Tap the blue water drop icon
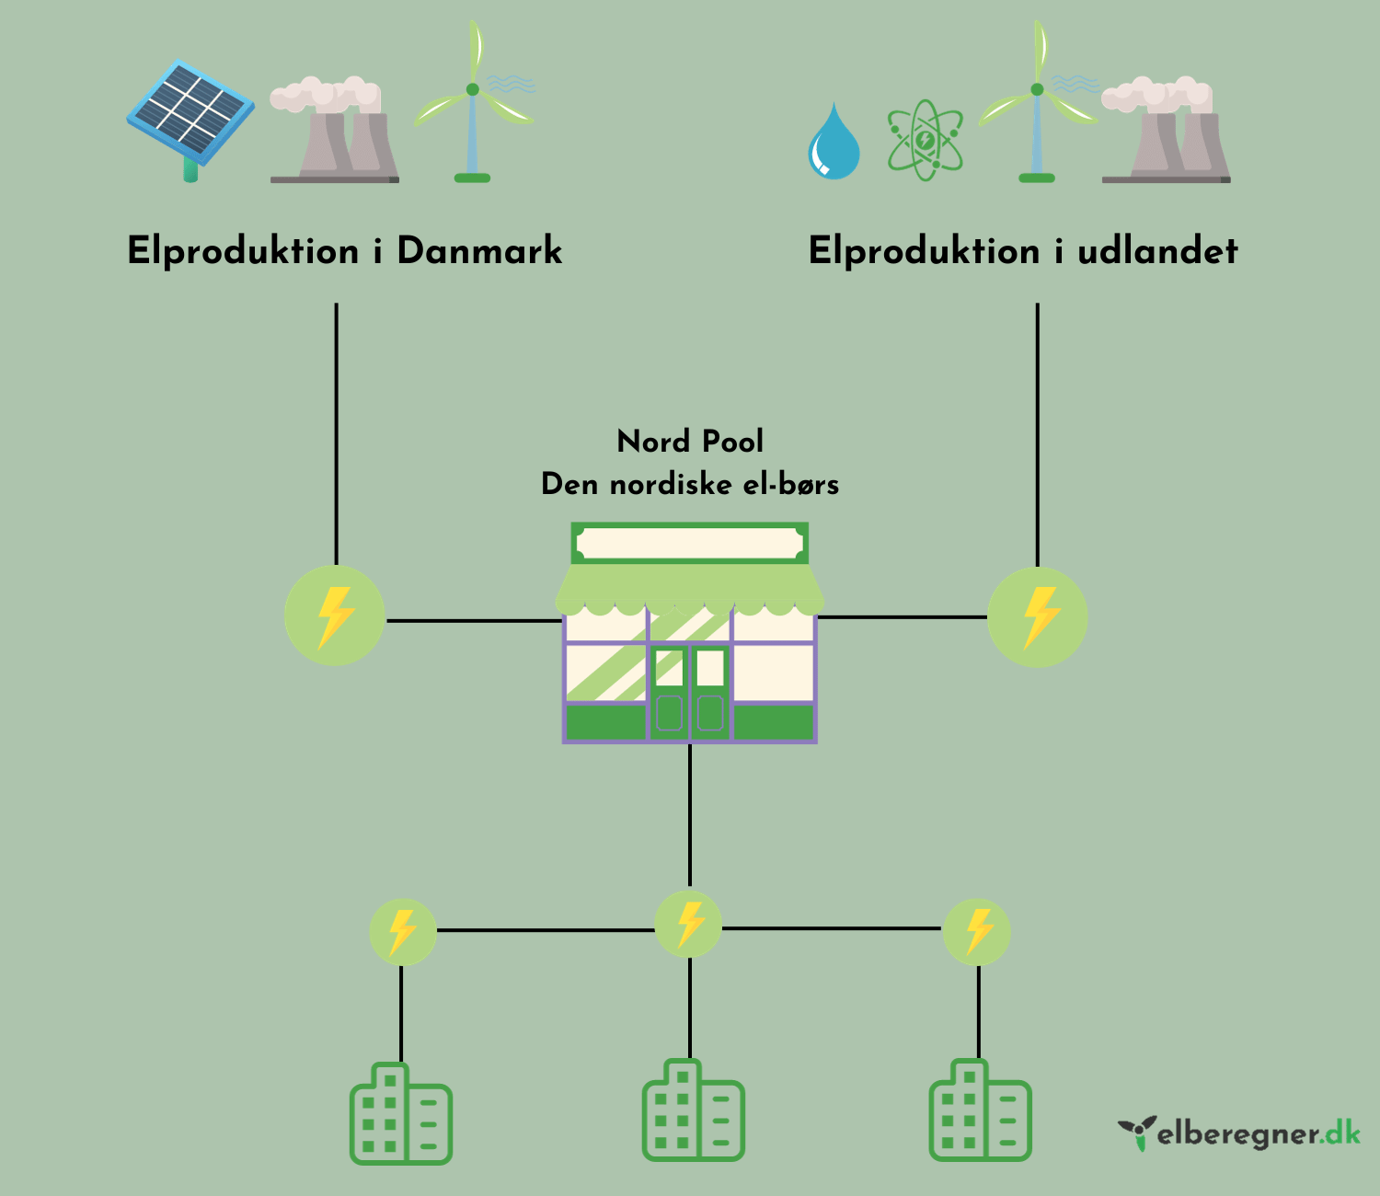click(x=834, y=144)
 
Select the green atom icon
click(x=925, y=142)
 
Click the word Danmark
click(x=479, y=251)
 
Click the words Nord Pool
click(x=690, y=442)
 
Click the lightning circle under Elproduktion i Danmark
click(x=335, y=616)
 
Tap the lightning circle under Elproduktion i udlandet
click(x=1038, y=616)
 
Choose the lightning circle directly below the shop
click(x=689, y=924)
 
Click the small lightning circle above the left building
click(x=402, y=931)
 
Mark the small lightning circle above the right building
click(x=977, y=931)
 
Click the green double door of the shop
click(x=690, y=692)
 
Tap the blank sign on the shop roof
click(x=689, y=544)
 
